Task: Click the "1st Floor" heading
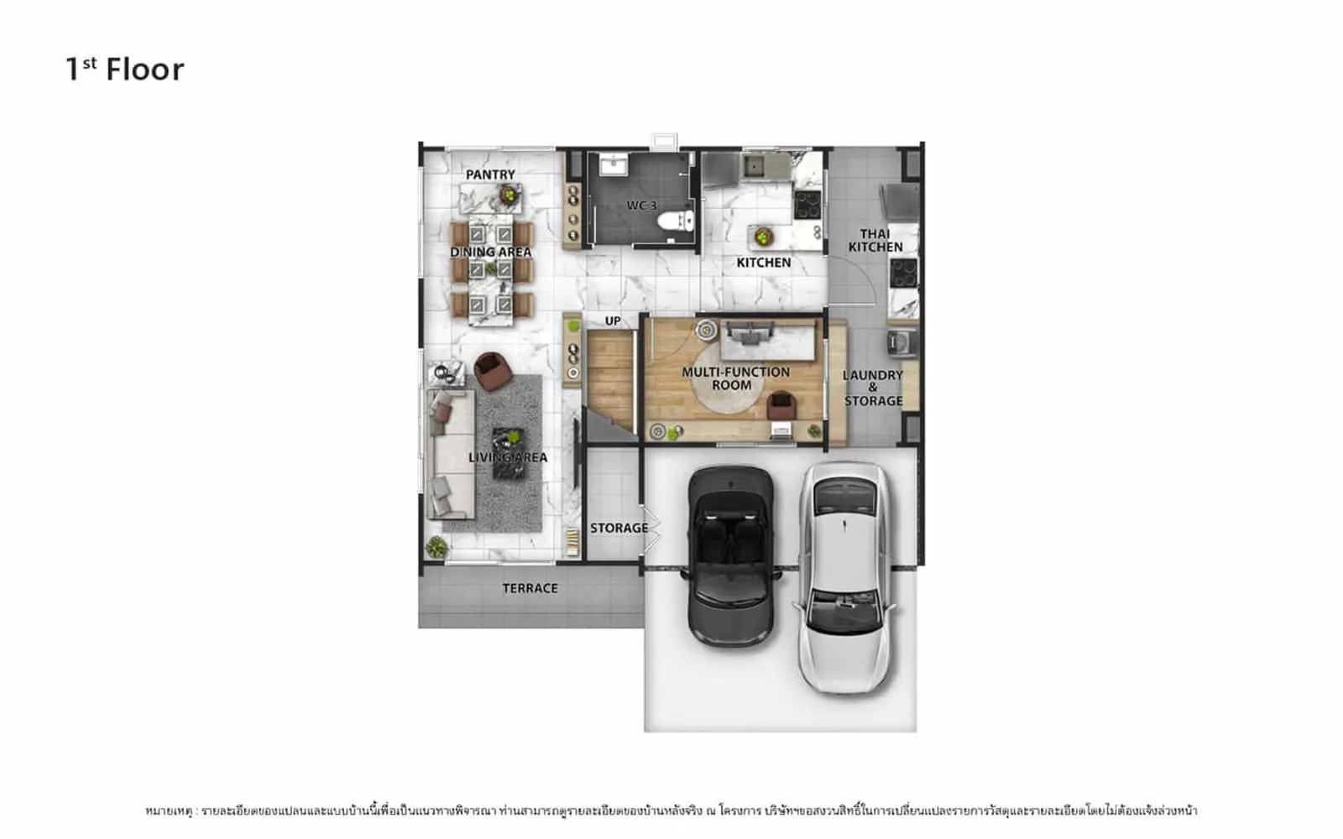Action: (x=125, y=69)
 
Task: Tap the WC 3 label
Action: (x=641, y=206)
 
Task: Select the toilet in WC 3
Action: (x=677, y=220)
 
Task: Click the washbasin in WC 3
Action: (x=614, y=164)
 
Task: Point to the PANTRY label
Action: (x=490, y=175)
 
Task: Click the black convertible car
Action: (x=731, y=556)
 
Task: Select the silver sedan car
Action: (x=845, y=578)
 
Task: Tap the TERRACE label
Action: (x=530, y=588)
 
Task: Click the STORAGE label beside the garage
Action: (x=619, y=528)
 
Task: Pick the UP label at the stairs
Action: (x=613, y=320)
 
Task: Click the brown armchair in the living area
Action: (x=492, y=371)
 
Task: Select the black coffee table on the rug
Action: (x=509, y=453)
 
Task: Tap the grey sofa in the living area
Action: (x=451, y=454)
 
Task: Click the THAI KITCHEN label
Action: (x=875, y=240)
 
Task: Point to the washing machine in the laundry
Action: (x=902, y=342)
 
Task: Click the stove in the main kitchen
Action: (x=807, y=205)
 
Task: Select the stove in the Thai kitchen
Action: (x=903, y=274)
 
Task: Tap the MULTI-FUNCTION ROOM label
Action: (x=735, y=378)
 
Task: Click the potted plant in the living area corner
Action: (x=436, y=547)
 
